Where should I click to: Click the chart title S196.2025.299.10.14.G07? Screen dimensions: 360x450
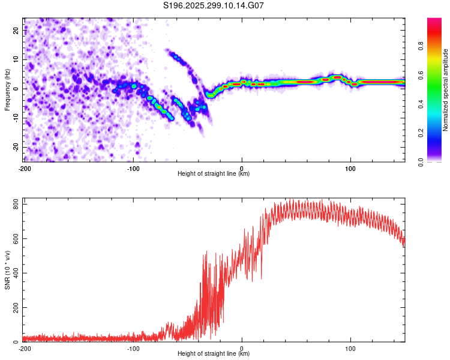click(214, 5)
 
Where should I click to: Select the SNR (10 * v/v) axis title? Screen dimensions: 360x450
click(7, 269)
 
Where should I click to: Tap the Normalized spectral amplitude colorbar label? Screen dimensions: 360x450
click(446, 90)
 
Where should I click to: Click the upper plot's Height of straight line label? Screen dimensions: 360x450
click(214, 173)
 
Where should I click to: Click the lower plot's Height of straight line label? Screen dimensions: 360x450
click(214, 354)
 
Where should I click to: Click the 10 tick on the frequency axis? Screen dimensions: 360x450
click(16, 59)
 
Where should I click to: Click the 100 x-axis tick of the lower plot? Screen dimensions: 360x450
click(350, 348)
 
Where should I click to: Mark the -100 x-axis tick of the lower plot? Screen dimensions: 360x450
click(133, 348)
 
